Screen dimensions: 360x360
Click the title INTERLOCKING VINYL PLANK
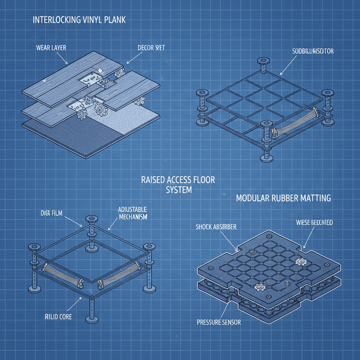[x=79, y=20]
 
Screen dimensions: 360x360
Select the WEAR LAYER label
[x=51, y=47]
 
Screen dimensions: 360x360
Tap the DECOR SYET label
[x=151, y=47]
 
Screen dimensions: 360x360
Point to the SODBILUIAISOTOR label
[x=313, y=51]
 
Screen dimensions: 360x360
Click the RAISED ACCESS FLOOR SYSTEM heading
[x=178, y=185]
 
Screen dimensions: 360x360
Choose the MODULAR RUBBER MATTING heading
[x=283, y=198]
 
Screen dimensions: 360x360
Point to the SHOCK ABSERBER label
[x=216, y=227]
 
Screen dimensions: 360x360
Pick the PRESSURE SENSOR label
[x=219, y=322]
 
